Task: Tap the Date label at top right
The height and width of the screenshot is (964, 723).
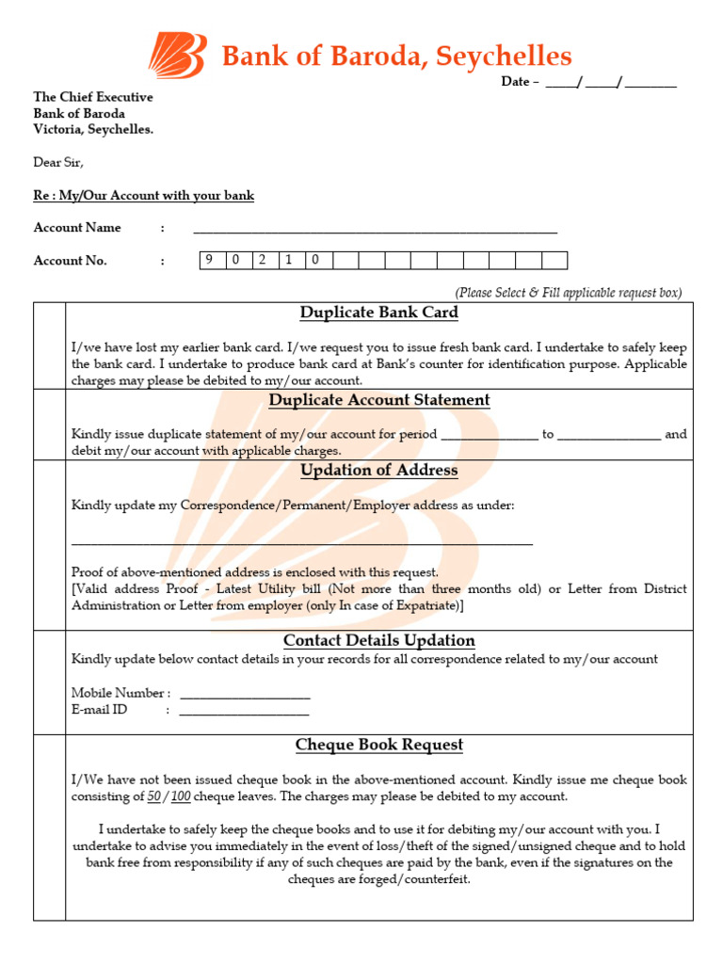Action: point(515,82)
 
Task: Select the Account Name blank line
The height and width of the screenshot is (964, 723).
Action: point(375,230)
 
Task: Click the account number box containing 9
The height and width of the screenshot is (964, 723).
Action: point(212,261)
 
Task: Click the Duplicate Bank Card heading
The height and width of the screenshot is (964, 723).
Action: point(378,313)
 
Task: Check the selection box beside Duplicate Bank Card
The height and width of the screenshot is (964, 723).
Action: point(49,345)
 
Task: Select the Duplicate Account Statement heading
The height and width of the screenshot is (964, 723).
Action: point(378,400)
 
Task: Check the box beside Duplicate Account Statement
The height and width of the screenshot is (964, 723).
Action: point(49,425)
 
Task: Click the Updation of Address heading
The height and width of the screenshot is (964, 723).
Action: point(378,470)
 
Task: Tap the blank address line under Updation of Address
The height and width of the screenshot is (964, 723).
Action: point(301,542)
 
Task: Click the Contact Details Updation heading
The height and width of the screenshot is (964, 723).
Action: point(378,641)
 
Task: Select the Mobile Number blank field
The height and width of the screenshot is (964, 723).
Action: point(244,696)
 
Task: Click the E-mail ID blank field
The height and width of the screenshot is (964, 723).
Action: point(244,713)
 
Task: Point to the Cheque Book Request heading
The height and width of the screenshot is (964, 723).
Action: point(378,745)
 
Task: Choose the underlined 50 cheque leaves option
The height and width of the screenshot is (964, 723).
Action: point(153,796)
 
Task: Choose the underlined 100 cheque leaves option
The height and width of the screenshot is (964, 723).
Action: point(181,796)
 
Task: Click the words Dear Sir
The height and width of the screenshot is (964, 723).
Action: point(58,162)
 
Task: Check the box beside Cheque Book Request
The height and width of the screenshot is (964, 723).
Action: point(49,827)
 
